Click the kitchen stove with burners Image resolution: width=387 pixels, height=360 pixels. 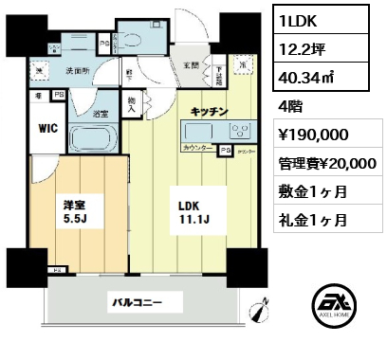tap(233, 130)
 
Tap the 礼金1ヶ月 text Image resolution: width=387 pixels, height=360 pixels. tap(313, 221)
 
